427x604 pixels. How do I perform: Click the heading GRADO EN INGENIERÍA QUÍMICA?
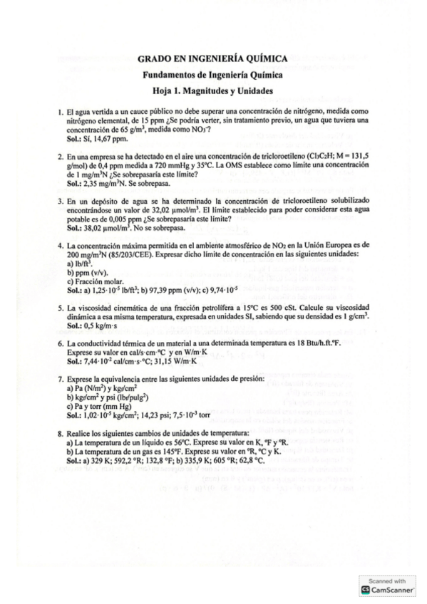point(212,60)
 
